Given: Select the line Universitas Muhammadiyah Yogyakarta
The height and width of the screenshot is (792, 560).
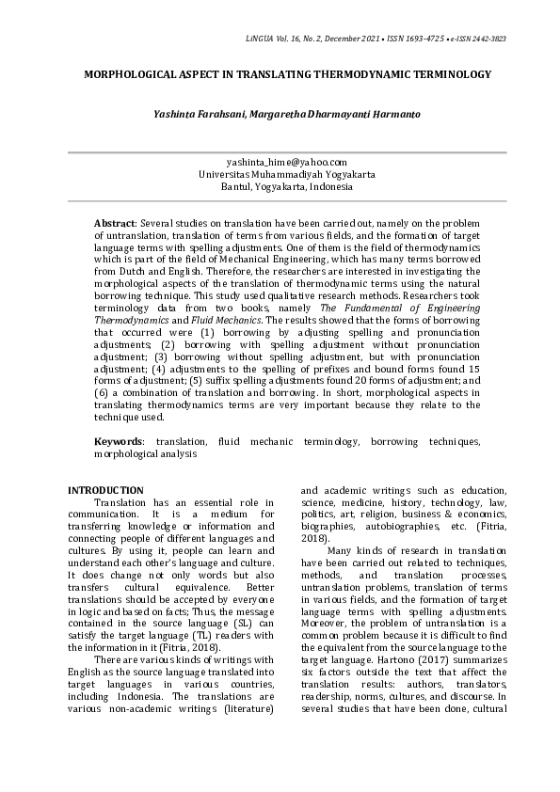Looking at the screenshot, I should pyautogui.click(x=280, y=174).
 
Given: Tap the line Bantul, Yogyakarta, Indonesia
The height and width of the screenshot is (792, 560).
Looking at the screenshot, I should pyautogui.click(x=280, y=186).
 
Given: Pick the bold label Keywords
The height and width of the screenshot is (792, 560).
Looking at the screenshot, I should pyautogui.click(x=119, y=441).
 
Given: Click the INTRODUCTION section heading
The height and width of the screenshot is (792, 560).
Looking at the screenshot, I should pyautogui.click(x=107, y=491).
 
